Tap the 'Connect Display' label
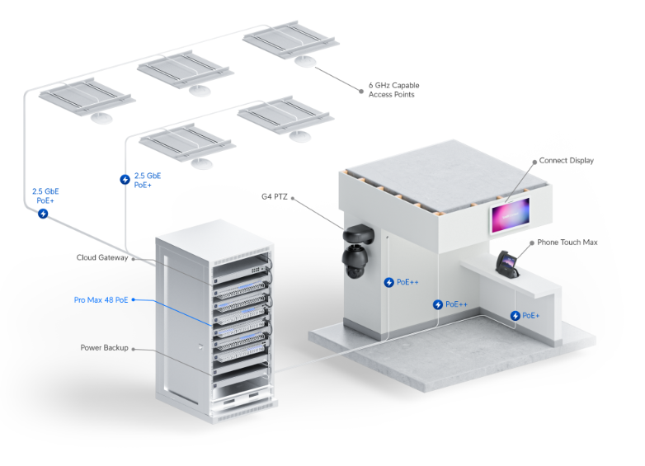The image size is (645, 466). click(566, 161)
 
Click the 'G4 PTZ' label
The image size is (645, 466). click(273, 196)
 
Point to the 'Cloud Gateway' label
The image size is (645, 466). click(102, 257)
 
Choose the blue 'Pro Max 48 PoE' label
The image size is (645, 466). click(101, 299)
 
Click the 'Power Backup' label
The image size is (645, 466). click(104, 348)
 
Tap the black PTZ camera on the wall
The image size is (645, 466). click(360, 247)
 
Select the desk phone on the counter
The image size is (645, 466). click(506, 265)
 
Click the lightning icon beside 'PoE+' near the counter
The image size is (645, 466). click(516, 315)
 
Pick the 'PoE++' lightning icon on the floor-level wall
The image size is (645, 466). click(438, 304)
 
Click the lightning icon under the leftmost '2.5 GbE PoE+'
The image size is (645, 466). click(44, 214)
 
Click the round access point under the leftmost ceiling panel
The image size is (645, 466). click(101, 117)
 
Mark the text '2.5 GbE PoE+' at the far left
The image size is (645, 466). click(45, 195)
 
